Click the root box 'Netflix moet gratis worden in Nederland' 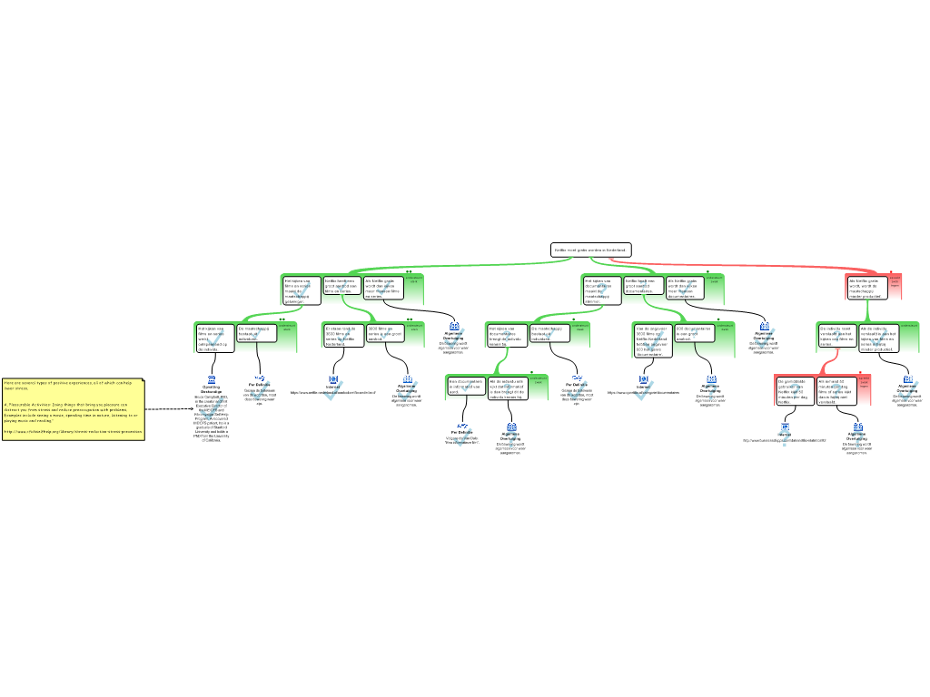click(590, 250)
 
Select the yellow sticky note click(73, 408)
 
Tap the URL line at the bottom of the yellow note click(73, 432)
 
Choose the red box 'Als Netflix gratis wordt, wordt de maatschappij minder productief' click(866, 288)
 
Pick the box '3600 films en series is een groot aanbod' click(385, 333)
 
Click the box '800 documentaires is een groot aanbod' click(695, 333)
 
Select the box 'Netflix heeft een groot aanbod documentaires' click(644, 287)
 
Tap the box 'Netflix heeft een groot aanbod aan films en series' click(342, 286)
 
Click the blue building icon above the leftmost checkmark click(212, 379)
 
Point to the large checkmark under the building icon click(212, 409)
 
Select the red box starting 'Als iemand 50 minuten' click(836, 390)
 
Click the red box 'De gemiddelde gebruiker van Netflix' click(795, 390)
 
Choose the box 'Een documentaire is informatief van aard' click(466, 387)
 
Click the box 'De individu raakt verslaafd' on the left click(836, 336)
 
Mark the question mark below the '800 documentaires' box click(711, 392)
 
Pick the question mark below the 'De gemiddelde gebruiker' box click(785, 439)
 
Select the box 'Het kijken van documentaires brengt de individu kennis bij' click(507, 336)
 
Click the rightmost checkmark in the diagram click(908, 391)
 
